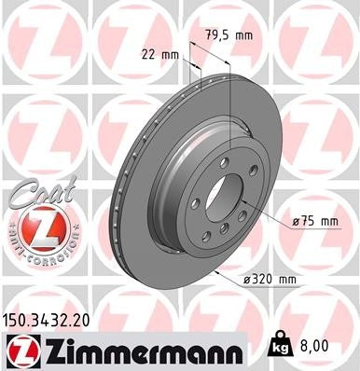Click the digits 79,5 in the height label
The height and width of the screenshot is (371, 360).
[215, 36]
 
